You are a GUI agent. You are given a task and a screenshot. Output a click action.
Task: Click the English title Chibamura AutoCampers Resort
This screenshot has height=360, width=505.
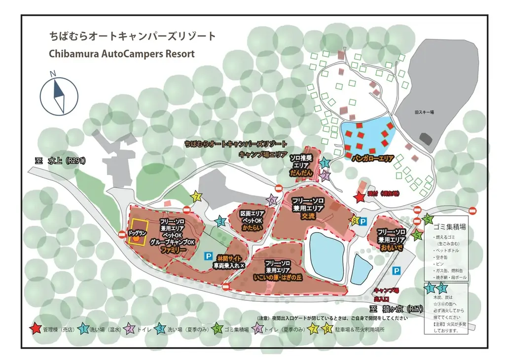tap(122, 54)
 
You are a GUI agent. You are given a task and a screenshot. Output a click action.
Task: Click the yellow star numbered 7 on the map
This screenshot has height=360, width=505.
tap(197, 197)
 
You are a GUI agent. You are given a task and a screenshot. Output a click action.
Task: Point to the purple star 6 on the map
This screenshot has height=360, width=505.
tap(272, 200)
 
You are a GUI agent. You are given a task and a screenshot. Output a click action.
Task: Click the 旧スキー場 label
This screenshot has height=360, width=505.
tap(424, 112)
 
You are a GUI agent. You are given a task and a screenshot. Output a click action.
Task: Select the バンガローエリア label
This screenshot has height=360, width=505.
tap(372, 159)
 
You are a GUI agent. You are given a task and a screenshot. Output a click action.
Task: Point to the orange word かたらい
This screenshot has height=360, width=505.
tap(252, 228)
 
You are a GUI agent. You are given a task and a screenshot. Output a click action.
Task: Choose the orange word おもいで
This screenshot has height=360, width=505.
tap(392, 248)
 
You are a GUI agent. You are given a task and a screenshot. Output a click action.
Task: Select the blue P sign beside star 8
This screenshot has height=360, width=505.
tap(363, 221)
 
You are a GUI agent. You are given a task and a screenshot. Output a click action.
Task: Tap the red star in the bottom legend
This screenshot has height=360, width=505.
tap(35, 328)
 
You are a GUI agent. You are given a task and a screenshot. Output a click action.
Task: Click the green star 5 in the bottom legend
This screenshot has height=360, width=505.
tap(217, 328)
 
